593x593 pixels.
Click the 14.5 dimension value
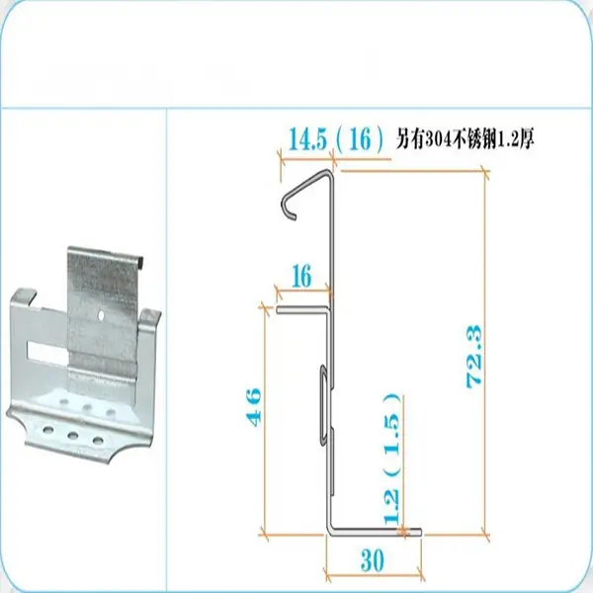click(x=307, y=139)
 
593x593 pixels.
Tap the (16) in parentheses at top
click(x=360, y=139)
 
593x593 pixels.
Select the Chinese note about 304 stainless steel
click(x=465, y=139)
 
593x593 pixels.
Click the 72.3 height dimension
click(x=474, y=356)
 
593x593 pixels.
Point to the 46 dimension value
click(x=254, y=407)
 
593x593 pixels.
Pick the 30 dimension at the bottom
click(x=373, y=560)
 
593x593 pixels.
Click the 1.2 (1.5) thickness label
click(x=391, y=459)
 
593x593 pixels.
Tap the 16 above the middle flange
click(x=301, y=276)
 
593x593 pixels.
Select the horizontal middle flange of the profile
click(x=302, y=310)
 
